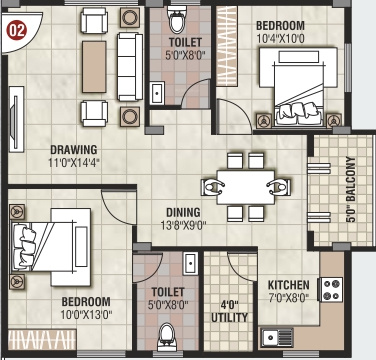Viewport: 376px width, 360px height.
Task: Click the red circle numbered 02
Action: pyautogui.click(x=17, y=30)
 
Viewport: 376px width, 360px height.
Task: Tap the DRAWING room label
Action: pyautogui.click(x=74, y=150)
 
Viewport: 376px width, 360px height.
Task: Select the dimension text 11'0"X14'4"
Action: pyautogui.click(x=74, y=163)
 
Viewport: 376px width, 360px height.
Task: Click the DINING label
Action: pyautogui.click(x=183, y=212)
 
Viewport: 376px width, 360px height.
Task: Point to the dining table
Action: pyautogui.click(x=246, y=187)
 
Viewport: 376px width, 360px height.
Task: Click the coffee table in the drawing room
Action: pyautogui.click(x=94, y=67)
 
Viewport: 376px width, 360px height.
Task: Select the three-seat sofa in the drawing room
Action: pyautogui.click(x=130, y=67)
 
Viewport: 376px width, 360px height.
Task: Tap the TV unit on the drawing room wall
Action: pyautogui.click(x=16, y=119)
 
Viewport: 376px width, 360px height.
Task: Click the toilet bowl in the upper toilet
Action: pyautogui.click(x=178, y=19)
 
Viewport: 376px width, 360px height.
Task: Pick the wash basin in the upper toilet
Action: pyautogui.click(x=157, y=93)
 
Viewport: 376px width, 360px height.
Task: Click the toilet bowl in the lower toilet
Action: pyautogui.click(x=167, y=336)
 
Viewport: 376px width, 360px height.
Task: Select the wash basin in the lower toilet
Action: pyautogui.click(x=190, y=263)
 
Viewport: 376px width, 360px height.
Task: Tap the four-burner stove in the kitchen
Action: pyautogui.click(x=332, y=289)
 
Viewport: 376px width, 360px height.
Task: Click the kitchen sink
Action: pyautogui.click(x=277, y=337)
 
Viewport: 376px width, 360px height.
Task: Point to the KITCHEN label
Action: pyautogui.click(x=289, y=285)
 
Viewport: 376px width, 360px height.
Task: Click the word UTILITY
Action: pyautogui.click(x=230, y=317)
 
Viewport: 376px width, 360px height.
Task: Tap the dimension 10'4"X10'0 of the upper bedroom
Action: pyautogui.click(x=280, y=39)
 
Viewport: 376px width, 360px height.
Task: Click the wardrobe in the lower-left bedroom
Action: pyautogui.click(x=42, y=339)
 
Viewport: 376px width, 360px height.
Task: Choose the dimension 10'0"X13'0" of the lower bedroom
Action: pyautogui.click(x=86, y=315)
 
